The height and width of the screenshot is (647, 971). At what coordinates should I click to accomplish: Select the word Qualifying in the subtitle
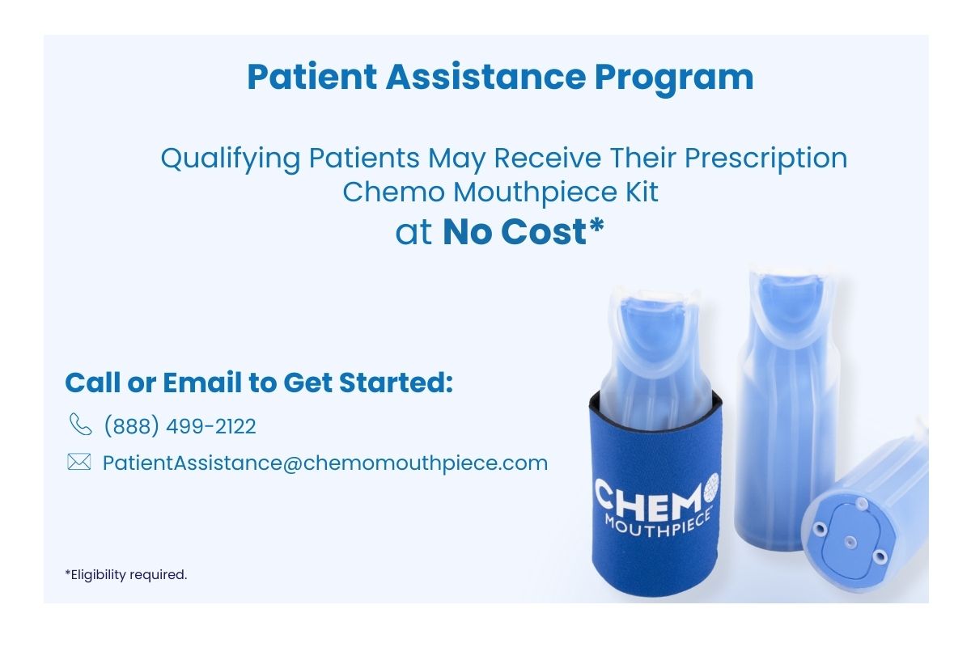(x=230, y=158)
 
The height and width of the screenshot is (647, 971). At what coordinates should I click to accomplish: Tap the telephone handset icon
(x=80, y=425)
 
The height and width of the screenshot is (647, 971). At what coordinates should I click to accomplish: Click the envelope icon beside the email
(x=78, y=463)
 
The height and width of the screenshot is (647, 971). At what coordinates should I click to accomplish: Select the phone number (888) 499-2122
(x=180, y=426)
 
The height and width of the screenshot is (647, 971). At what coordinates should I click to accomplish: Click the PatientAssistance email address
(x=325, y=463)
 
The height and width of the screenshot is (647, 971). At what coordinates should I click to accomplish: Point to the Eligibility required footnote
(x=126, y=575)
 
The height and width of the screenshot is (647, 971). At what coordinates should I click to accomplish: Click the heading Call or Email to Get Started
(x=258, y=383)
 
